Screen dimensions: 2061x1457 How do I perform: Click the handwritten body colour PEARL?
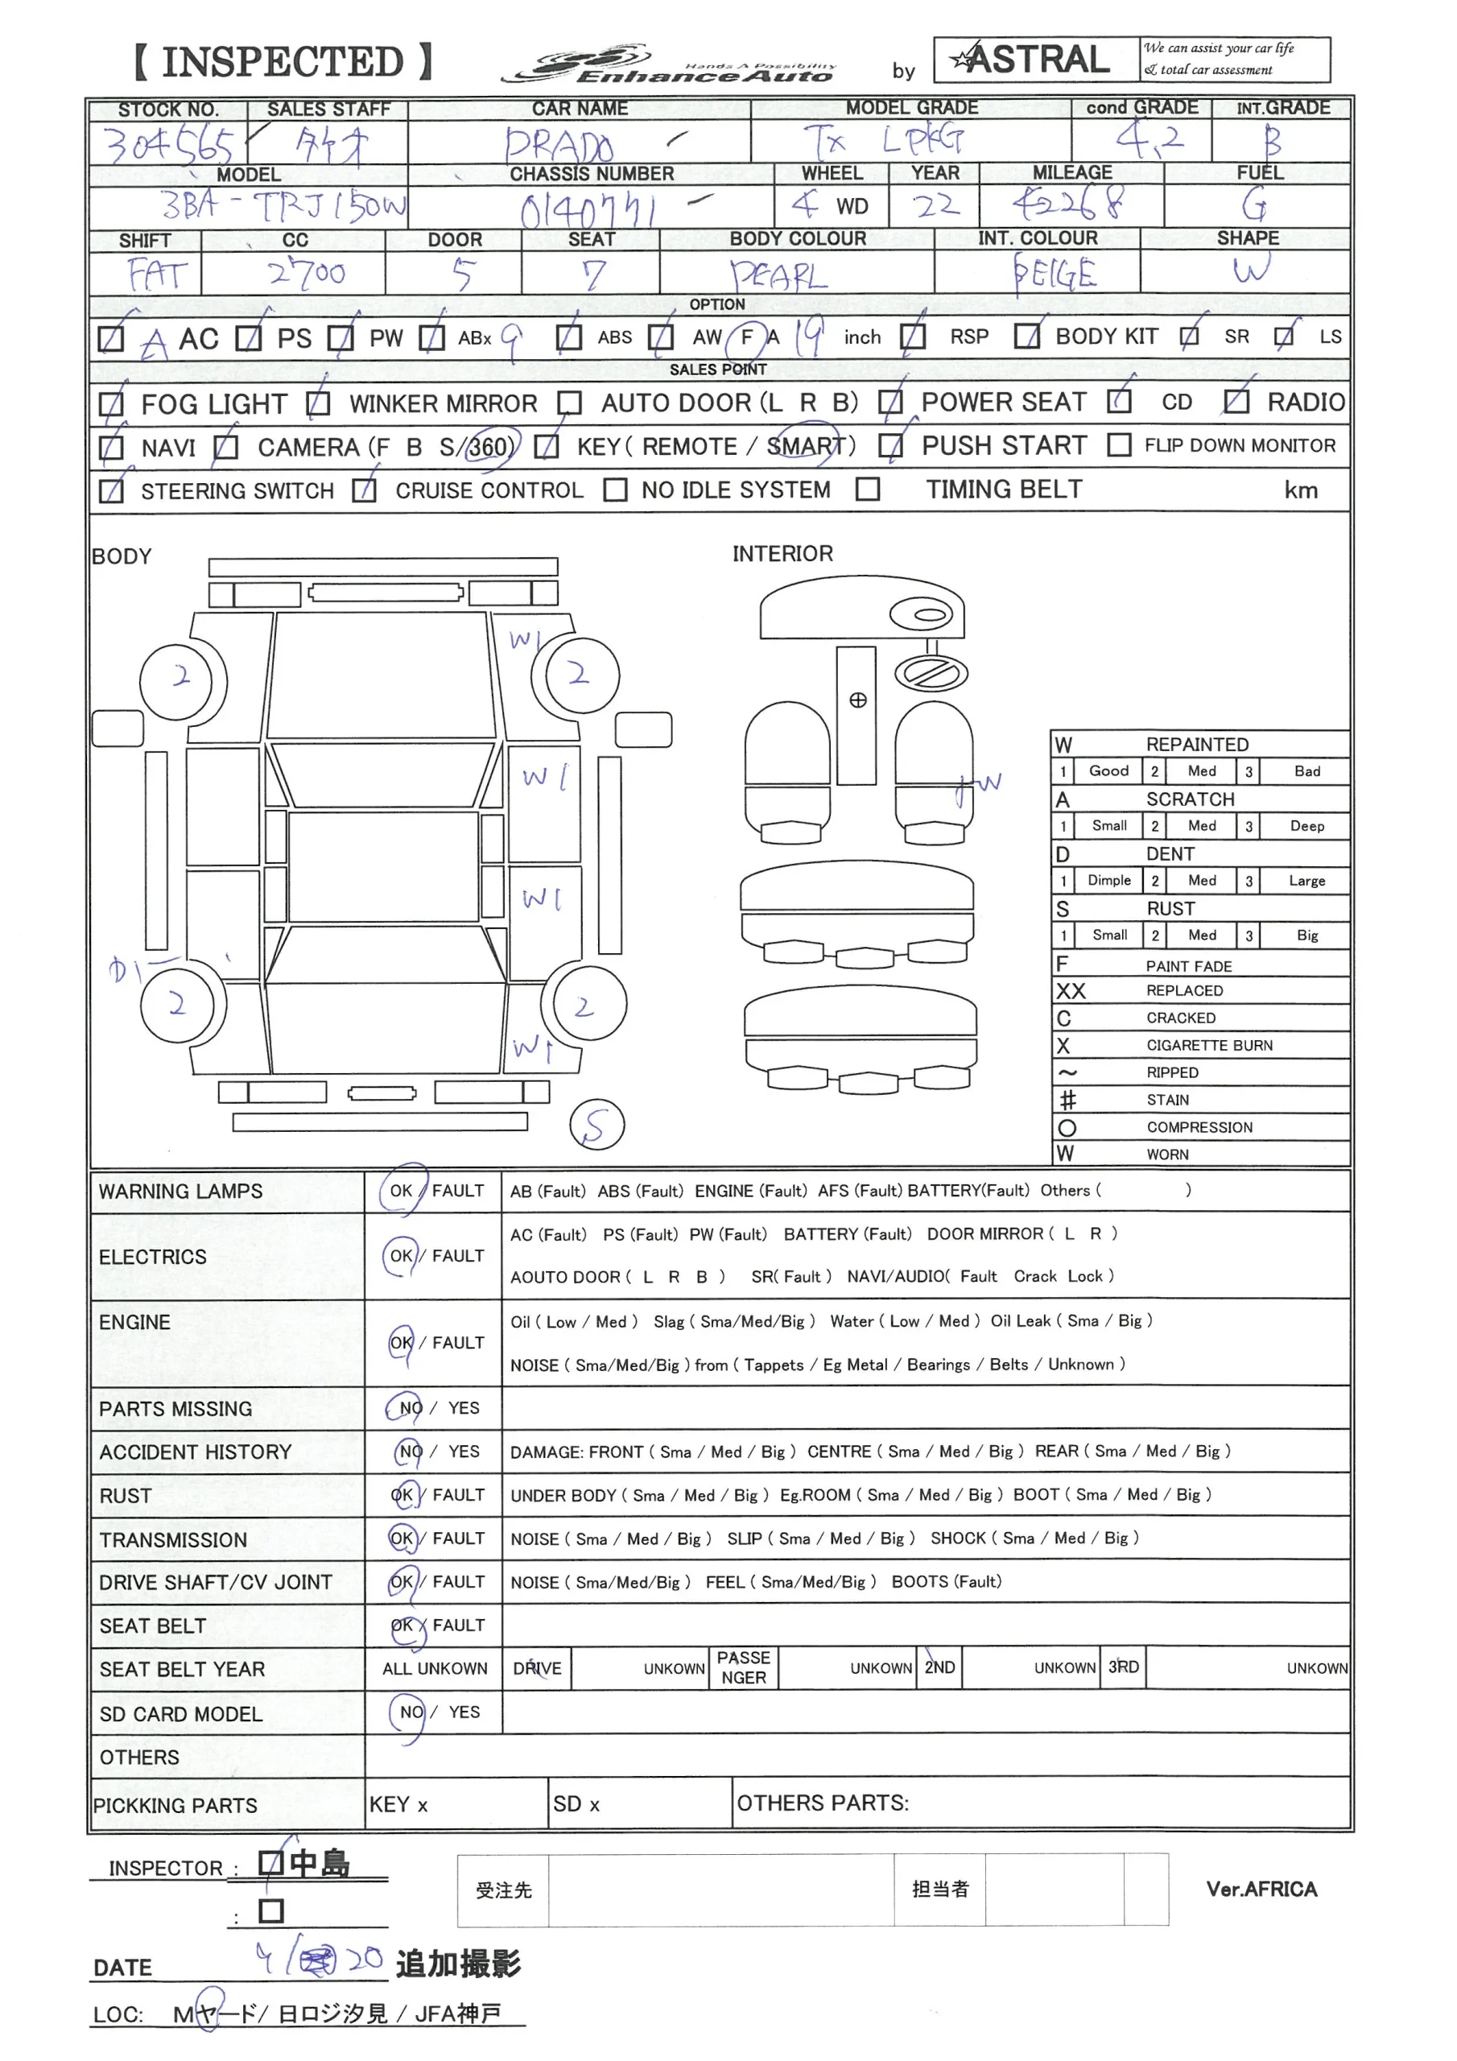point(778,275)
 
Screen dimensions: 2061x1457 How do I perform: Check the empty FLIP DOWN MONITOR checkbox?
point(1119,445)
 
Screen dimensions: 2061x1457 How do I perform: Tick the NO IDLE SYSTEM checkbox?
point(615,490)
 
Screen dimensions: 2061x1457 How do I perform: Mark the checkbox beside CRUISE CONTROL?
point(364,491)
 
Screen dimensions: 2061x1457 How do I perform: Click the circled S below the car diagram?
point(597,1125)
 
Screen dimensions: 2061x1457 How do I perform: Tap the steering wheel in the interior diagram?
point(932,672)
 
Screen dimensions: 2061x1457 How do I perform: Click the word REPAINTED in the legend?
point(1197,744)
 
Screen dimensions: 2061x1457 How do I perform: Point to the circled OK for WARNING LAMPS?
point(402,1192)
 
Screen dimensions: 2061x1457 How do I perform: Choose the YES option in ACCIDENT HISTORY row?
point(464,1452)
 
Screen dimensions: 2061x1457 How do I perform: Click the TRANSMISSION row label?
point(173,1539)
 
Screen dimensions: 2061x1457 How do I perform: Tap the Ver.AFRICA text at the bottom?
point(1261,1890)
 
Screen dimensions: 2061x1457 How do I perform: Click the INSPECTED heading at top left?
point(283,61)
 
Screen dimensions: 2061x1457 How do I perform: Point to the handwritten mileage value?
point(1068,204)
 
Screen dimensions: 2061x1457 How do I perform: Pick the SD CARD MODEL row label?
point(180,1714)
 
